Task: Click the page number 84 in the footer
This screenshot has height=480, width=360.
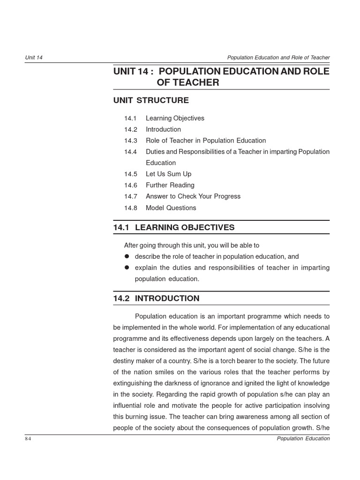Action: point(28,439)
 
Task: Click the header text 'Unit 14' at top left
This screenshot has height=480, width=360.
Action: point(34,58)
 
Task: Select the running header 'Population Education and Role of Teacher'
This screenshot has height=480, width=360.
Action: point(278,58)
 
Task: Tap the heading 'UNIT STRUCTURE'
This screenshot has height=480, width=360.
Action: point(151,100)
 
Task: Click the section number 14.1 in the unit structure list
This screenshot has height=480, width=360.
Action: point(130,118)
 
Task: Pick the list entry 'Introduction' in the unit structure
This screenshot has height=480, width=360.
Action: point(163,129)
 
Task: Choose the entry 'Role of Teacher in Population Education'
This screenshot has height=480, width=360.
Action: point(205,141)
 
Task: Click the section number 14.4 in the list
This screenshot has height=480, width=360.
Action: point(130,152)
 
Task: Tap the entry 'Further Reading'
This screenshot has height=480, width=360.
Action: point(170,185)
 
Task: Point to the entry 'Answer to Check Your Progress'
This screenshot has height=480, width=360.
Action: point(193,196)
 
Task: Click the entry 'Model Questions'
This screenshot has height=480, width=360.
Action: point(171,208)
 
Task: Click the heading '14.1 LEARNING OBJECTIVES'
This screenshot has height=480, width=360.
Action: point(174,228)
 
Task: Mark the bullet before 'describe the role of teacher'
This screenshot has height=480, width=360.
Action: point(127,256)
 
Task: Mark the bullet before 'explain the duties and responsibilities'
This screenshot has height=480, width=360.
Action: point(127,268)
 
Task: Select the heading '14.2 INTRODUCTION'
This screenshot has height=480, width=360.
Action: point(156,299)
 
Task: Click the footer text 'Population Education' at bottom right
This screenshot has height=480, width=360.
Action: point(303,439)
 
